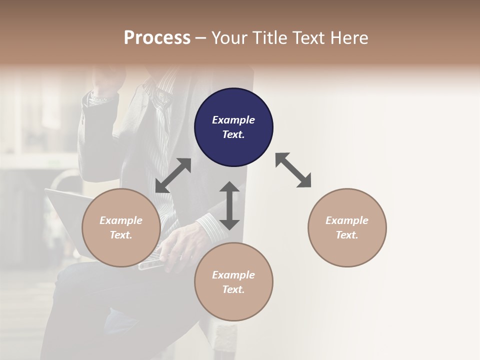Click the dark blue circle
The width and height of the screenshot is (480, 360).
[x=233, y=127]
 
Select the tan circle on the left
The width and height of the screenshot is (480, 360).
[x=121, y=228]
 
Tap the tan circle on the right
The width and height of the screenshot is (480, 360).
[x=347, y=228]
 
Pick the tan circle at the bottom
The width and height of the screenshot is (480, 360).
[x=233, y=282]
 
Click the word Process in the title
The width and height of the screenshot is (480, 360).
[x=157, y=38]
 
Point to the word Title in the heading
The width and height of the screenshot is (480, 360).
[x=270, y=38]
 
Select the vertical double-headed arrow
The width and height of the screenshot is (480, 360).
[x=229, y=205]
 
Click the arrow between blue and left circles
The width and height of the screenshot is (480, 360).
[x=173, y=175]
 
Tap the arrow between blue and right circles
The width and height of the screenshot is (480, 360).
[x=293, y=170]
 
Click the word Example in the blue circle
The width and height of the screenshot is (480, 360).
[x=233, y=120]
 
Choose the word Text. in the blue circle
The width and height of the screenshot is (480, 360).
[x=233, y=135]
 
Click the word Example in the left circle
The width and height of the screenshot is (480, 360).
[x=121, y=220]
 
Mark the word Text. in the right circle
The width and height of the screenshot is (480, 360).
[x=347, y=235]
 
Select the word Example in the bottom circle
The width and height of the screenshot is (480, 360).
[x=233, y=275]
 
